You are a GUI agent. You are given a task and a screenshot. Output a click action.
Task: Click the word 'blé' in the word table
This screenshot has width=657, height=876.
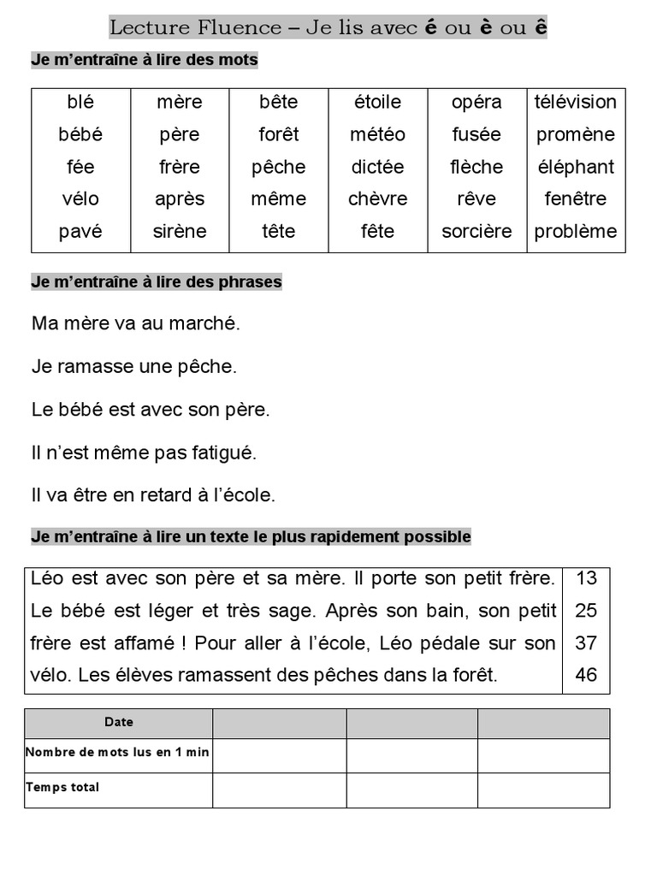click(80, 103)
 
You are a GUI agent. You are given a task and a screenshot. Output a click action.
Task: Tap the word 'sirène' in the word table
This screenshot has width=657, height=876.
click(180, 231)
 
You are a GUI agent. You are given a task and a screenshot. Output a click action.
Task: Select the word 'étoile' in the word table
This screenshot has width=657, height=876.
click(377, 103)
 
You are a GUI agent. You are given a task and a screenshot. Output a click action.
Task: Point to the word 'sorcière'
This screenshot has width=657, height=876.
click(476, 231)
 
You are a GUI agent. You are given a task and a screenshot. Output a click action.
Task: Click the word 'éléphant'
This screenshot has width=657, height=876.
click(576, 167)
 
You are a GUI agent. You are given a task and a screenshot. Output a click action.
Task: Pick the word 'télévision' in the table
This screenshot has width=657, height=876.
click(576, 103)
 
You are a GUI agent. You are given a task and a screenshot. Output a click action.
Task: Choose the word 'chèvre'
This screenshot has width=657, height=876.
click(377, 199)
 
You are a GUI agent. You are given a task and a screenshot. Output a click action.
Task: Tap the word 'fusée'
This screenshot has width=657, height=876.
click(476, 134)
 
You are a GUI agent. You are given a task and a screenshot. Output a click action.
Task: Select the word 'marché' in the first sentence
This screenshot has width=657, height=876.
click(207, 324)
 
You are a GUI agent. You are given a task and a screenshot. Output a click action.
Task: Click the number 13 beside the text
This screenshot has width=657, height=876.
click(587, 578)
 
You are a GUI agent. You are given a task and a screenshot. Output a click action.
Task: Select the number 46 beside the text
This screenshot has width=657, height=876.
click(587, 675)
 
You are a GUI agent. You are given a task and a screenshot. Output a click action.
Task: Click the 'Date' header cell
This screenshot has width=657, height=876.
click(119, 722)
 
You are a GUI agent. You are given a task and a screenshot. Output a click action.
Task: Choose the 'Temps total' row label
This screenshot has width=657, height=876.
click(62, 787)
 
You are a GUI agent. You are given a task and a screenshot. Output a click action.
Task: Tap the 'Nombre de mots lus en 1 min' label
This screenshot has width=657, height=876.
click(118, 753)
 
